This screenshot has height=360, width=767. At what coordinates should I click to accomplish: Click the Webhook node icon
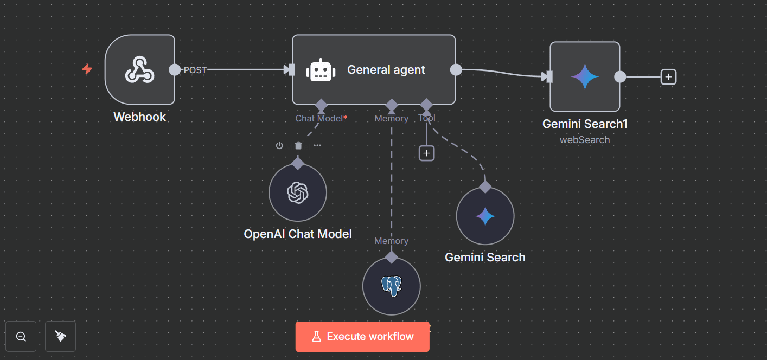click(140, 70)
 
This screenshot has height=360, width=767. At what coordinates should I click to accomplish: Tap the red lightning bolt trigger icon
click(87, 69)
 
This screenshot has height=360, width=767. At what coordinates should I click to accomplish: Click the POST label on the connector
click(195, 70)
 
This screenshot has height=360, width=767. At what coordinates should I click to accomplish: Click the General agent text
click(386, 70)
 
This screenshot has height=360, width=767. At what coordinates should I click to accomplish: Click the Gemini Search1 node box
click(585, 76)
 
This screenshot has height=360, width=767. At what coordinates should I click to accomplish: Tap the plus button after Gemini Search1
click(668, 77)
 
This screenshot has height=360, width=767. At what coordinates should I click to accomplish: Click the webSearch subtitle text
click(585, 140)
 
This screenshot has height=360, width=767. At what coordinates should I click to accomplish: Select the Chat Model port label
click(319, 118)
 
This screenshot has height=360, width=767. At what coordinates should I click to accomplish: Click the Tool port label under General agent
click(427, 118)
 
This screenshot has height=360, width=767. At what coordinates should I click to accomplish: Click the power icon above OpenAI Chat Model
click(279, 145)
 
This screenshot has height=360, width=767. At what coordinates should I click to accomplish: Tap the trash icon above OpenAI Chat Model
click(298, 145)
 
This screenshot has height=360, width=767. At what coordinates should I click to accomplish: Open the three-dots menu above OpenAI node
click(317, 145)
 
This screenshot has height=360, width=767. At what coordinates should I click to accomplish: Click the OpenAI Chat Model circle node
click(298, 192)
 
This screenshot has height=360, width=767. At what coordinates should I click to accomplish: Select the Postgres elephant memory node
click(391, 286)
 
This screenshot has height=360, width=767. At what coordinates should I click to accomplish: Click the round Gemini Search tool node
click(485, 216)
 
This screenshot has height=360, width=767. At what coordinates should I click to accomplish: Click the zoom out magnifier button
click(21, 336)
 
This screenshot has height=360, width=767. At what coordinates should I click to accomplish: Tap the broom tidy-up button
click(60, 336)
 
